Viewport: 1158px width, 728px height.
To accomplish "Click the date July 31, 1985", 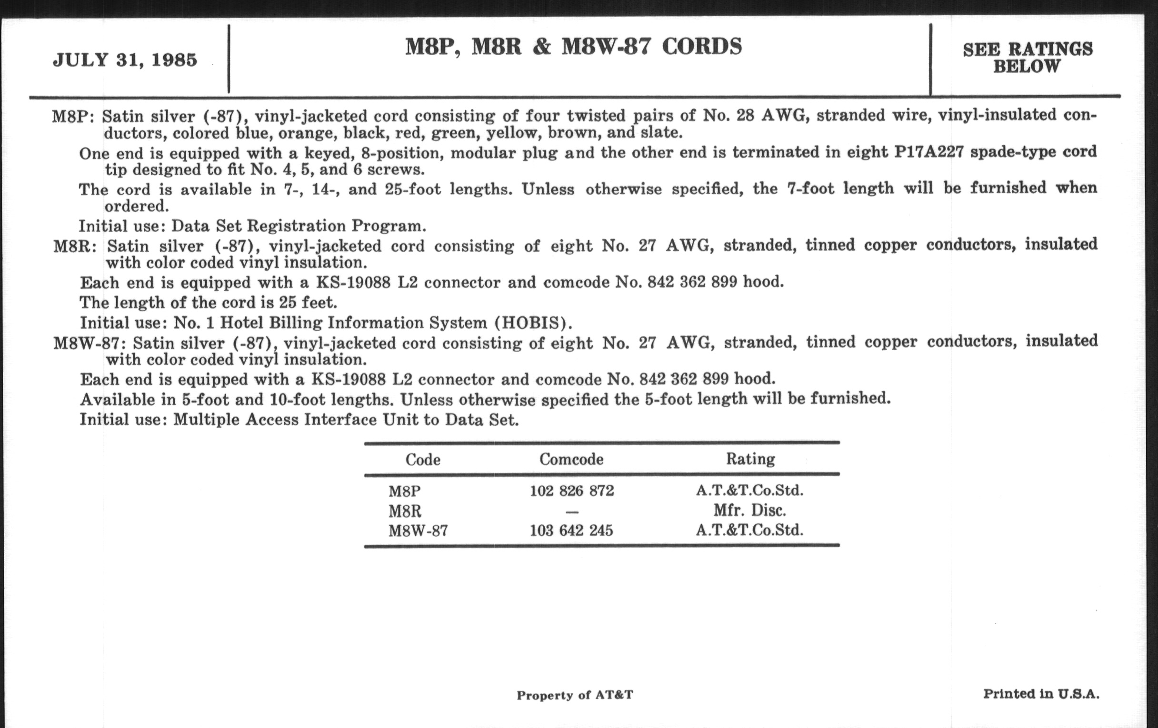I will pos(125,60).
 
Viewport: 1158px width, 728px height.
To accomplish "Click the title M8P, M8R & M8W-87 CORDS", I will pos(573,47).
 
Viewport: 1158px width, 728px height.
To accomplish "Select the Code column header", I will pos(423,459).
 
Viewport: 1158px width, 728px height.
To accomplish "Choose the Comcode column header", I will pos(571,459).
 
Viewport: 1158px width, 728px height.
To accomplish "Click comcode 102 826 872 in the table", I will pos(572,491).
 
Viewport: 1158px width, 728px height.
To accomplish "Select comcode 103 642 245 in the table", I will pos(571,530).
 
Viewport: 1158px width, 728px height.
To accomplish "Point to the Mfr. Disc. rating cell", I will pos(750,510).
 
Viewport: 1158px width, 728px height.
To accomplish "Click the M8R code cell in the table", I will pos(405,511).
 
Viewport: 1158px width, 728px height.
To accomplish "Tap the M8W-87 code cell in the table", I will pos(418,531).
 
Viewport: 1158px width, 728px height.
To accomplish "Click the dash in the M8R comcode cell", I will pos(572,512).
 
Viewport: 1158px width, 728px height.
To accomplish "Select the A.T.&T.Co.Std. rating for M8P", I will pos(750,490).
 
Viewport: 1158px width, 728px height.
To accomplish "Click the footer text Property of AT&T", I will pos(575,695).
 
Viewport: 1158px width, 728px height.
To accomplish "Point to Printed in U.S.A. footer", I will pos(1041,693).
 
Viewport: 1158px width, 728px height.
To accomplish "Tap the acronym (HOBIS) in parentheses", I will pos(533,323).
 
